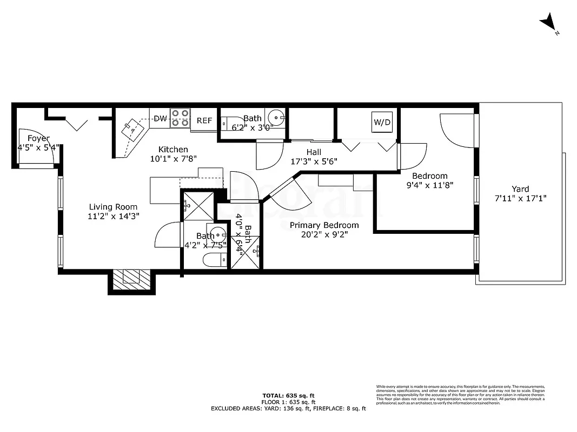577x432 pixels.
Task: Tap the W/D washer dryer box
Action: pos(382,122)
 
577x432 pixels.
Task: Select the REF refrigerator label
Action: pos(204,120)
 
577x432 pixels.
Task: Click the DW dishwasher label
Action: pos(160,118)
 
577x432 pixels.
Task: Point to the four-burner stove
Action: pos(180,118)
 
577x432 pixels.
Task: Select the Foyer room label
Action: pos(38,138)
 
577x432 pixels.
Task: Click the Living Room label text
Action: pos(113,207)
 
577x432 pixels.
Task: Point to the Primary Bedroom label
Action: pos(324,225)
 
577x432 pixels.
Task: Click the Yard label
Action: pos(520,189)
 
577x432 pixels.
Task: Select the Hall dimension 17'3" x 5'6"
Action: pos(314,161)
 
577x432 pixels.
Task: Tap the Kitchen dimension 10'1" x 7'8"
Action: pos(173,159)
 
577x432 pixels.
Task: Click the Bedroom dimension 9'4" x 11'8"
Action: pos(430,185)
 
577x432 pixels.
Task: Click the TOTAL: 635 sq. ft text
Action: pos(288,395)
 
